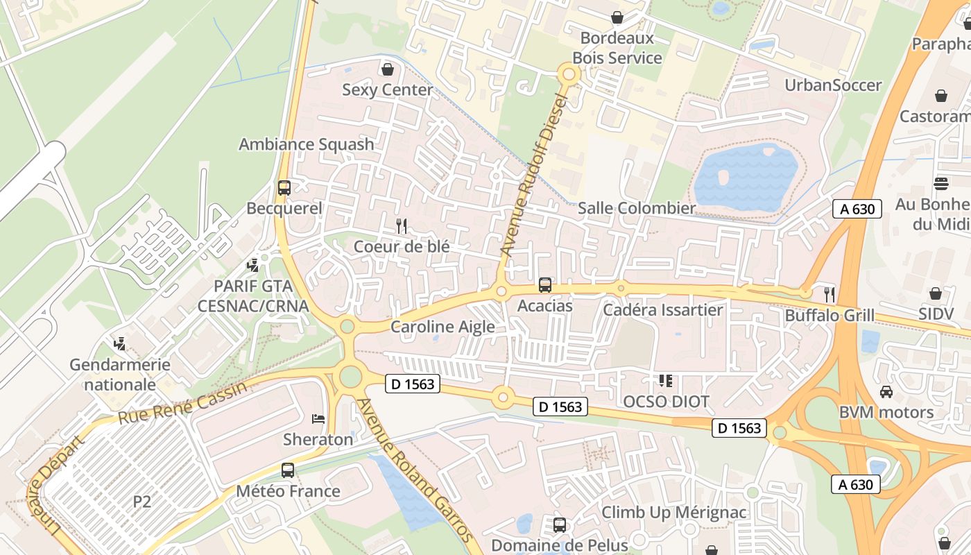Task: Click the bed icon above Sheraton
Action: tap(318, 418)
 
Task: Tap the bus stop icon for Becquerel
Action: tap(284, 187)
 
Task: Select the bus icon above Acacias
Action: tap(545, 284)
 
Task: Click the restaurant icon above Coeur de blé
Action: tap(401, 225)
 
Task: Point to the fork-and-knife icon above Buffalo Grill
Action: tap(829, 293)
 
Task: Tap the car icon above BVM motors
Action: tap(886, 391)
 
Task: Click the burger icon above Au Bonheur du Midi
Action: tap(941, 184)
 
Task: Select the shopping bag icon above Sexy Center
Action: tap(388, 69)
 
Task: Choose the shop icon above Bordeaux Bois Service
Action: tap(617, 17)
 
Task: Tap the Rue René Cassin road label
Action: tap(182, 403)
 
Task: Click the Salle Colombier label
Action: tap(636, 208)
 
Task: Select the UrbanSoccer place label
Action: tap(833, 85)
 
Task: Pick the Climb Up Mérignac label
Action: tap(673, 513)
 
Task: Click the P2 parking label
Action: tap(141, 502)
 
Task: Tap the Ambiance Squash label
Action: tap(306, 144)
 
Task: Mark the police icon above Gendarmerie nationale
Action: tap(120, 343)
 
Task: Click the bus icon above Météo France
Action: tap(288, 470)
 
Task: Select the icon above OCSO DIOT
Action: tap(666, 380)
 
